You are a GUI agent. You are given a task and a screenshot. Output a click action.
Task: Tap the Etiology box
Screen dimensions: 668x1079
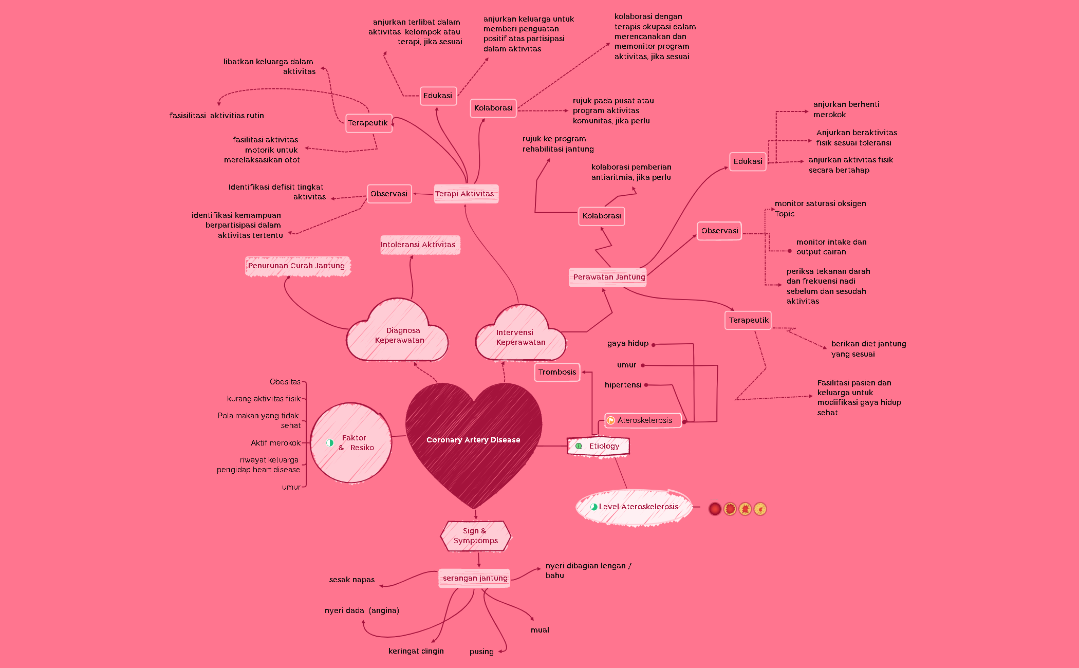598,446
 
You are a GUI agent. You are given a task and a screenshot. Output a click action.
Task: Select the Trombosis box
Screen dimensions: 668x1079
557,372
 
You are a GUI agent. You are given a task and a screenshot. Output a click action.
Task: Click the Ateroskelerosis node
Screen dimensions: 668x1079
643,420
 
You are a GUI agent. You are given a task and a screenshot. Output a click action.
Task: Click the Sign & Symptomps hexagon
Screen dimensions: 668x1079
476,536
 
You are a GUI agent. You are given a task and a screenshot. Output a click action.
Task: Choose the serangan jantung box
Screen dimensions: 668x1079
474,578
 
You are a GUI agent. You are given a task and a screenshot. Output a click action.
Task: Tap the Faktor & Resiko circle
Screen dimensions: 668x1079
351,442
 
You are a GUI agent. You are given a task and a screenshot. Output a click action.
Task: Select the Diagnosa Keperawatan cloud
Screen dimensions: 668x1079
399,335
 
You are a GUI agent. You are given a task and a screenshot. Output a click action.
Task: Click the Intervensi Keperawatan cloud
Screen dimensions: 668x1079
520,337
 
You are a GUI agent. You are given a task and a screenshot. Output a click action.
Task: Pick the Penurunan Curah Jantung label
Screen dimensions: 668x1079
297,266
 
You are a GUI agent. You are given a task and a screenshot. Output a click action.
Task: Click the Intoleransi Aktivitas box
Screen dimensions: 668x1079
419,245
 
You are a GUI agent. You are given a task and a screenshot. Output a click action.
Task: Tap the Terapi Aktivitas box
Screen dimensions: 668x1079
465,194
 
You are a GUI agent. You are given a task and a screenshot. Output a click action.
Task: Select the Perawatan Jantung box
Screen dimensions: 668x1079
608,277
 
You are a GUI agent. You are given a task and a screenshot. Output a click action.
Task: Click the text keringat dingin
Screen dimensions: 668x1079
416,651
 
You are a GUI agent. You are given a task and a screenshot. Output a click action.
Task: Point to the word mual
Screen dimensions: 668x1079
539,630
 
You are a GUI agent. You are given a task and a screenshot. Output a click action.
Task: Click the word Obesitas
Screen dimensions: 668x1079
285,382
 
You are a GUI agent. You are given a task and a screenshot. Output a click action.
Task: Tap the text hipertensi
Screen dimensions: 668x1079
623,385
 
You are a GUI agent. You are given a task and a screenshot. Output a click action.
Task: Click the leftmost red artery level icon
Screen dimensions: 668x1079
714,509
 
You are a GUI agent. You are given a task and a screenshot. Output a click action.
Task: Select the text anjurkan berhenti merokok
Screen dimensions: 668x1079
845,109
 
